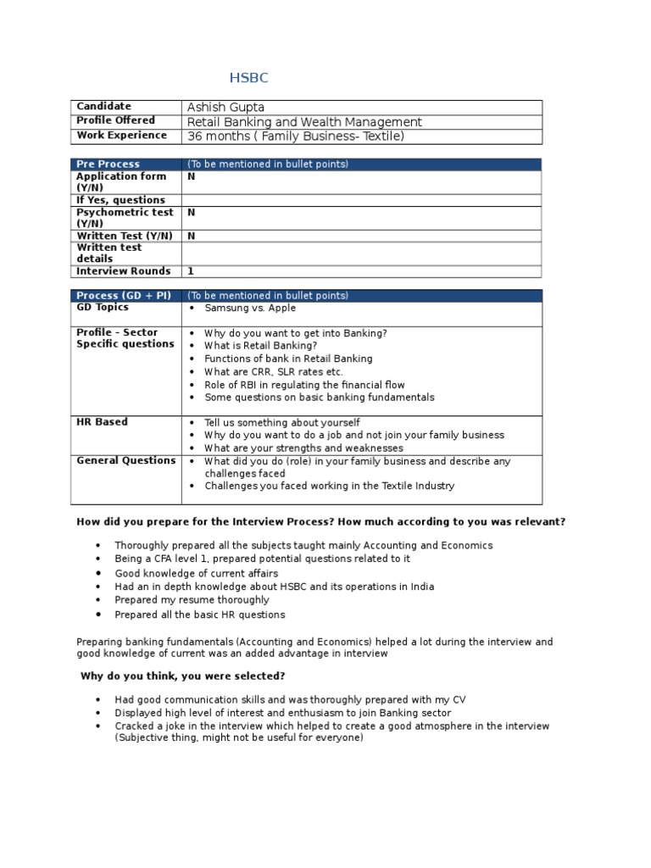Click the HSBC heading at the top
click(x=248, y=79)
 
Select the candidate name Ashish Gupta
click(x=225, y=107)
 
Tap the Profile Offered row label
click(x=116, y=121)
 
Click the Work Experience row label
click(x=121, y=136)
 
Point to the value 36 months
click(x=220, y=136)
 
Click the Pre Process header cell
click(x=108, y=164)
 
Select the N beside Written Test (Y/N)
click(x=191, y=236)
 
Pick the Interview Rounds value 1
click(x=191, y=271)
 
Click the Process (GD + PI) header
click(x=124, y=296)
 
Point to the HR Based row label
click(x=102, y=422)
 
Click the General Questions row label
click(x=125, y=461)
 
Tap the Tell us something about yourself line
click(x=281, y=422)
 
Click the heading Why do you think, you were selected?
click(x=182, y=676)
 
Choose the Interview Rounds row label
click(x=123, y=271)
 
